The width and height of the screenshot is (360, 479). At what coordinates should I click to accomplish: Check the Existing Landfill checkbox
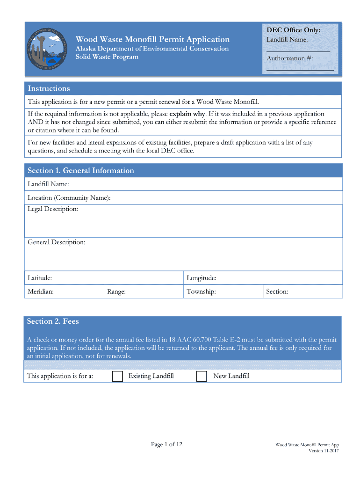point(118,377)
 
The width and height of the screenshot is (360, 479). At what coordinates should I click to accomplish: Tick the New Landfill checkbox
point(202,377)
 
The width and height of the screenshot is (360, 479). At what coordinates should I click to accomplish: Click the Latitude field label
point(40,278)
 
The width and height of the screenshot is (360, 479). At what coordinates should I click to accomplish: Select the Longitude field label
point(202,278)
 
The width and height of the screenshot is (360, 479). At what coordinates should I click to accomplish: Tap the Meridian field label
point(41,292)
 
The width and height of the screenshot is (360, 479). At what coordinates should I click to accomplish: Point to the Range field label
point(116,292)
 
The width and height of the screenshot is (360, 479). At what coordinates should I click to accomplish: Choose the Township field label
point(201,292)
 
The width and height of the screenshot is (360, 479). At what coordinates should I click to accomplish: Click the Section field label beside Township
point(277,292)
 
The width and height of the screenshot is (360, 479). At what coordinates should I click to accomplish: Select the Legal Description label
point(53,209)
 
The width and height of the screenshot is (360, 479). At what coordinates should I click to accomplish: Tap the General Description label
point(57,242)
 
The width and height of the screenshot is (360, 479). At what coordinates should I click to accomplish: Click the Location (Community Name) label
point(69,198)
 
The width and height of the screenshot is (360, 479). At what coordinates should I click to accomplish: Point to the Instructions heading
point(49,89)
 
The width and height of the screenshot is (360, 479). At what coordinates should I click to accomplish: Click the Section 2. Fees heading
point(53,321)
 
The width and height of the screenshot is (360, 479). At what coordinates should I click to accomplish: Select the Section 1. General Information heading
point(81,171)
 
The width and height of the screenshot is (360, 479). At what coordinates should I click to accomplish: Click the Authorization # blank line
point(300,69)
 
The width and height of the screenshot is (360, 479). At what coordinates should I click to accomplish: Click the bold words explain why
point(187,114)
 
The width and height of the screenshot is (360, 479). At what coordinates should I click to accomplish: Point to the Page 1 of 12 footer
point(166,444)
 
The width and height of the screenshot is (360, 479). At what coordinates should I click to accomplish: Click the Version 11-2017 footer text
point(324,451)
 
